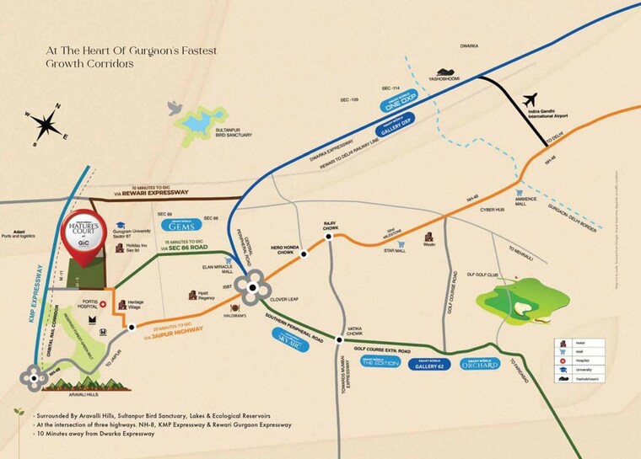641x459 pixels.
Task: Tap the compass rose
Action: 46,124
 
